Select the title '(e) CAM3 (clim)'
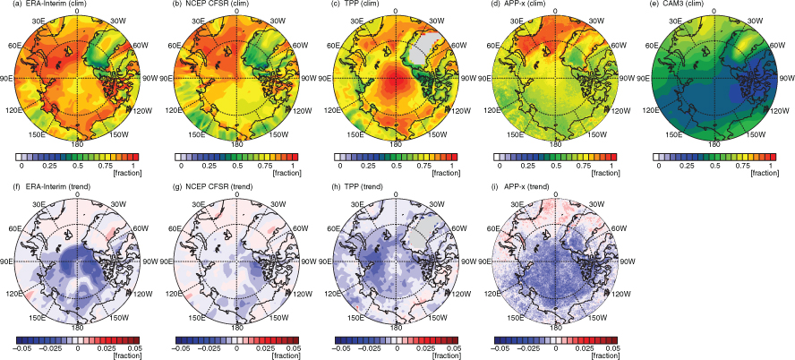coord(675,4)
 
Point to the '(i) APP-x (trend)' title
coord(521,186)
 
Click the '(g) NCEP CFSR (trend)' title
coord(206,186)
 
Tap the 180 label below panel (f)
coord(77,327)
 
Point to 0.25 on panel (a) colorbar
coord(49,166)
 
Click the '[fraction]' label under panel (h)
coord(445,356)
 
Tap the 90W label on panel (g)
coord(308,261)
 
